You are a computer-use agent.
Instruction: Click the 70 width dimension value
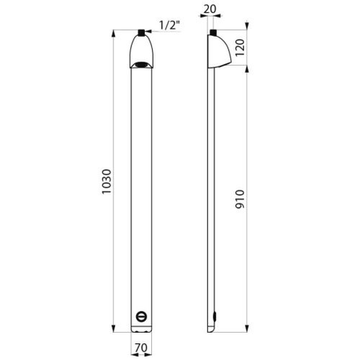pos(141,348)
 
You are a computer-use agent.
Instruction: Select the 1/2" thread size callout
pos(167,26)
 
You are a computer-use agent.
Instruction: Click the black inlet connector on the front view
pos(141,33)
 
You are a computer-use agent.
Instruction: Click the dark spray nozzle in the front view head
pos(141,65)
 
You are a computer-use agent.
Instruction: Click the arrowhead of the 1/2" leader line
pos(146,33)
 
